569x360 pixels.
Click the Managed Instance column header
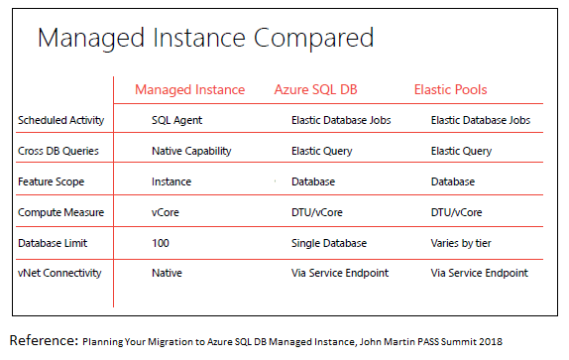tap(189, 90)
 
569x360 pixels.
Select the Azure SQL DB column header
tap(315, 89)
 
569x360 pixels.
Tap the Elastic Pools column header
tap(450, 89)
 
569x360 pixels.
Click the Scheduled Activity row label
tap(61, 120)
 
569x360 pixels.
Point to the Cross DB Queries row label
tap(58, 151)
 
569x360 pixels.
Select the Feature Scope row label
tap(51, 181)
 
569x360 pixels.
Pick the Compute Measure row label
tap(61, 212)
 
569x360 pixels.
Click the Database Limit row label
tap(53, 243)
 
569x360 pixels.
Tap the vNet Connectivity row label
tap(59, 273)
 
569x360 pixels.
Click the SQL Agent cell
tap(176, 120)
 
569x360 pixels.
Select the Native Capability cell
tap(191, 151)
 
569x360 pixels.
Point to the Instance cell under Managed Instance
tap(171, 181)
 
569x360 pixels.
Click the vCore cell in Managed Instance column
tap(166, 212)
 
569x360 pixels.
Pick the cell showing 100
tap(161, 243)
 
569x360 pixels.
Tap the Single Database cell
tap(329, 243)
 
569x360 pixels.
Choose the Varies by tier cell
tap(461, 243)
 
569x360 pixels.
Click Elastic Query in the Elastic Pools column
tap(461, 151)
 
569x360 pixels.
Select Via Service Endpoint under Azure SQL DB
tap(340, 273)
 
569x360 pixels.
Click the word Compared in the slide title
tap(313, 39)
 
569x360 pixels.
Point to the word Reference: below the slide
tap(44, 340)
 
